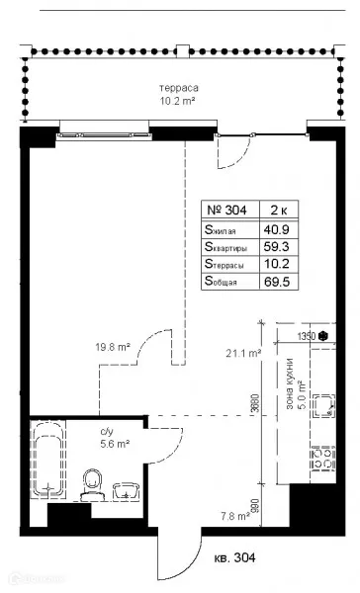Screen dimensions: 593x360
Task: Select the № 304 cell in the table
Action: tap(227, 209)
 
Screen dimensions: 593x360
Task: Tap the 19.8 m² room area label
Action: tap(114, 347)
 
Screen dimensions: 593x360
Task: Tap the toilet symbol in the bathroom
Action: tap(95, 481)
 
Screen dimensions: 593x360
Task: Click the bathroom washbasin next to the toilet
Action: tap(125, 489)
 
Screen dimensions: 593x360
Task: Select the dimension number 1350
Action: tap(307, 336)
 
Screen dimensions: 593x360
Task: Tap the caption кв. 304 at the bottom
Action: tap(234, 558)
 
